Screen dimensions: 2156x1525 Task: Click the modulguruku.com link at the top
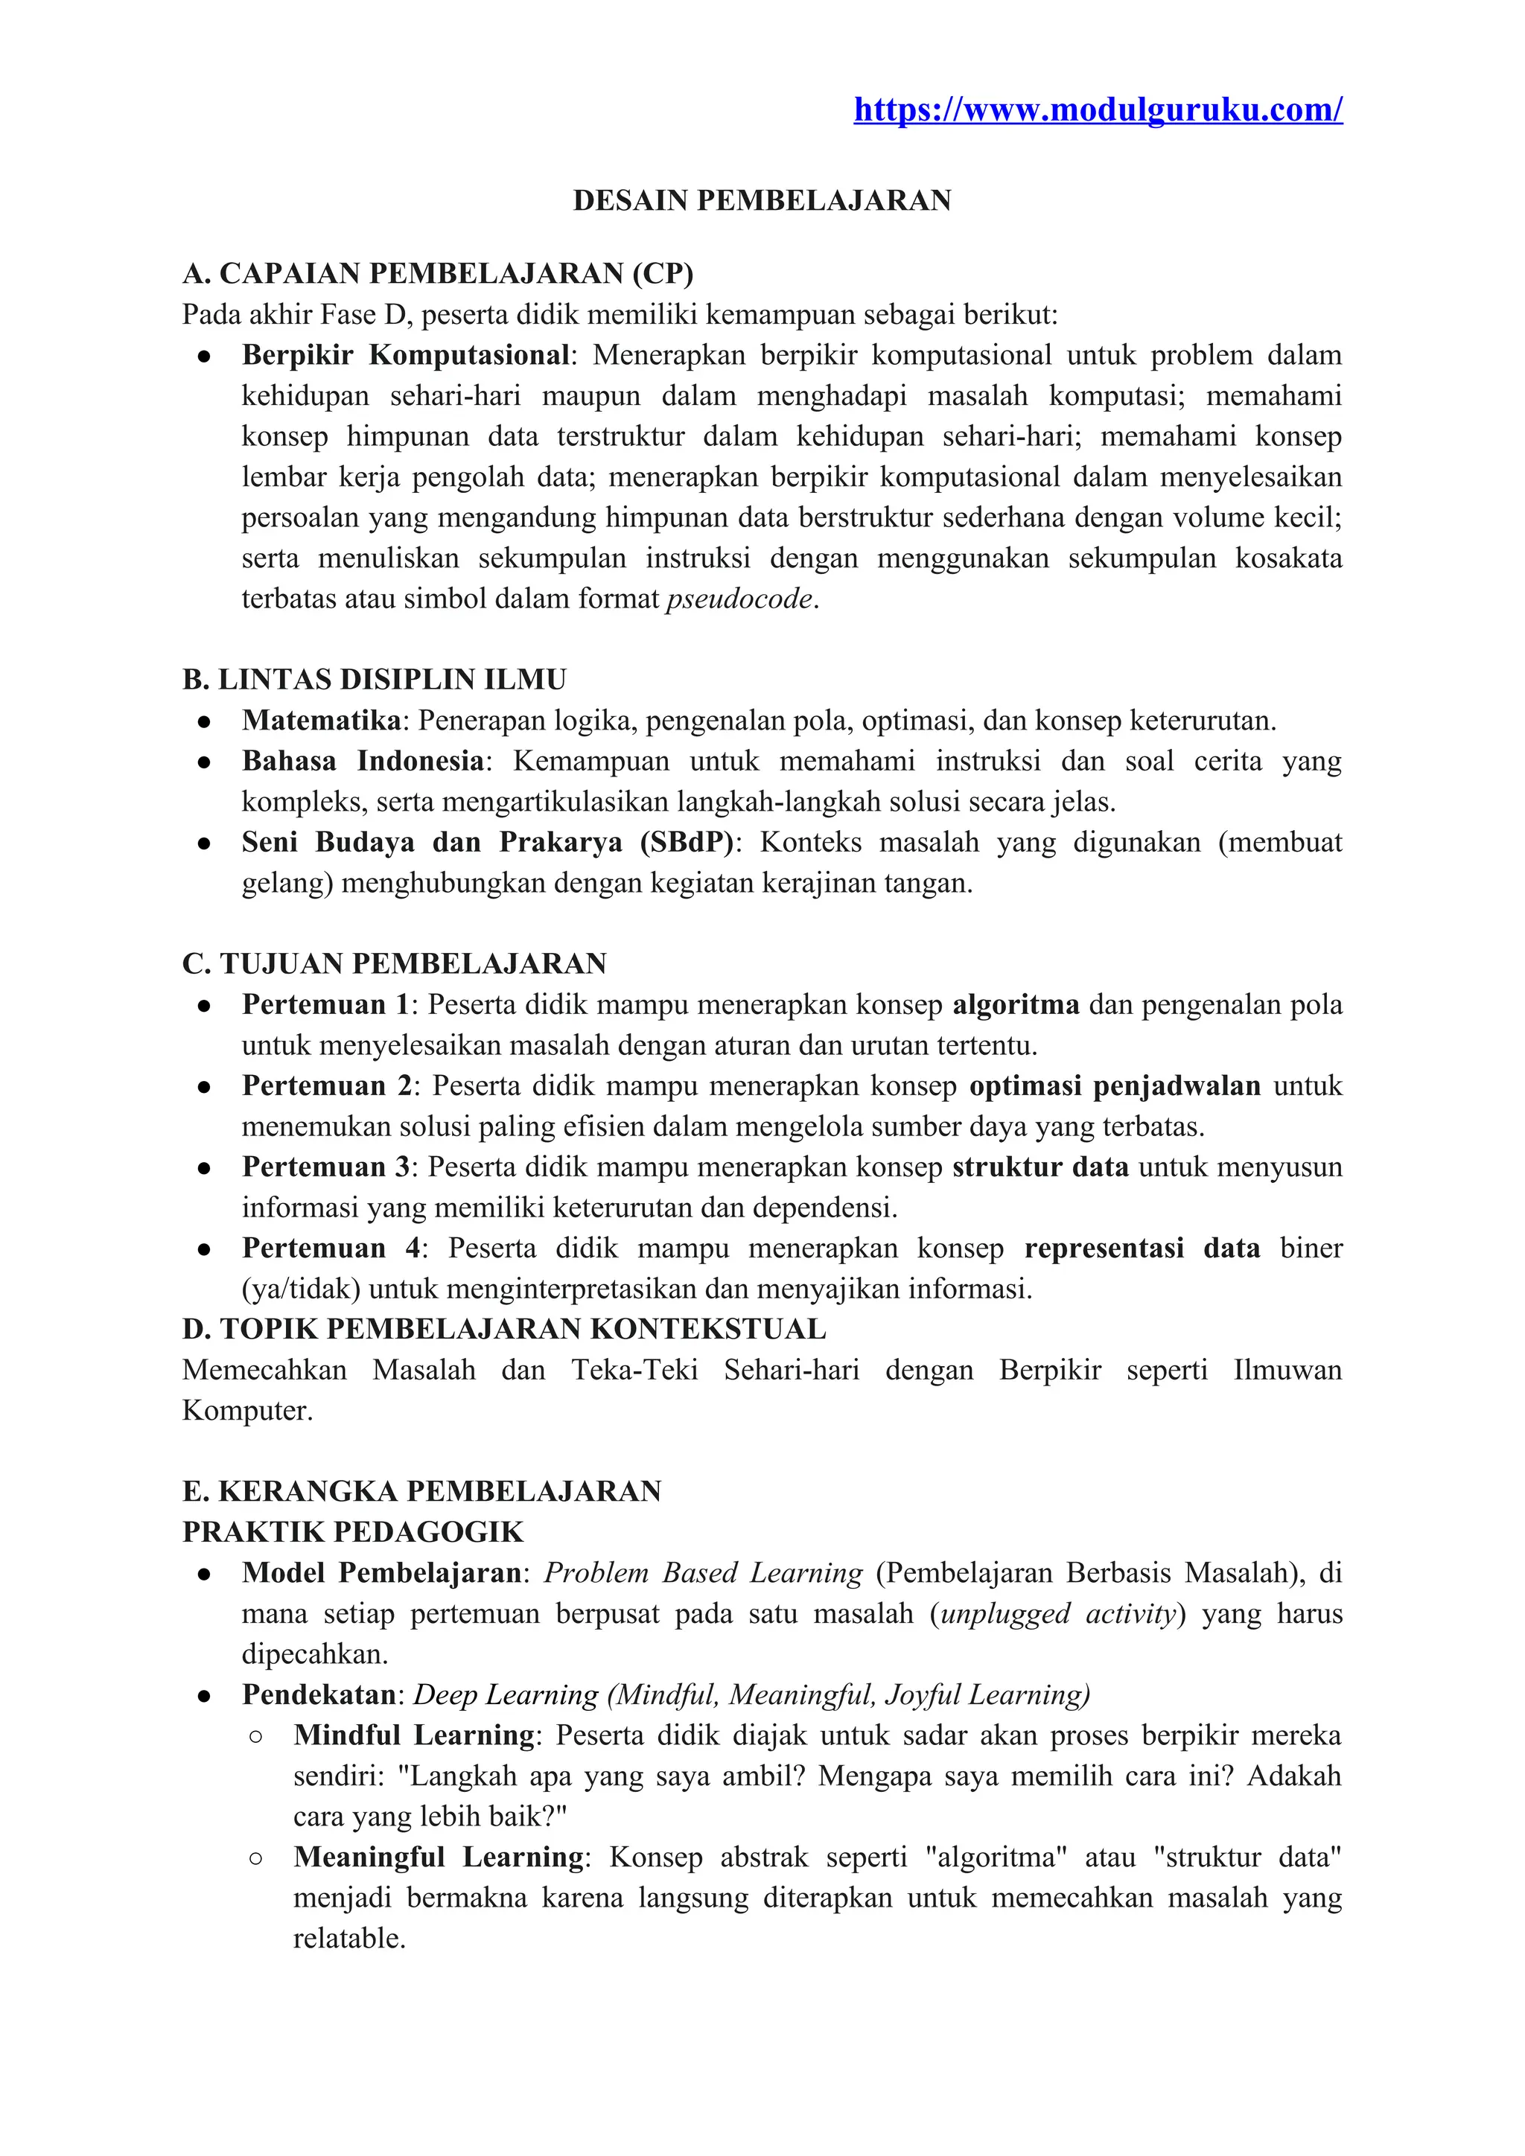coord(1098,110)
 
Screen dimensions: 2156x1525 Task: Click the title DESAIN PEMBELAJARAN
coord(762,201)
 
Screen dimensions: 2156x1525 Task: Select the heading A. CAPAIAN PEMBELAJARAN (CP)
coord(438,273)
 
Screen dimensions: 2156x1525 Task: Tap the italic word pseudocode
coord(739,599)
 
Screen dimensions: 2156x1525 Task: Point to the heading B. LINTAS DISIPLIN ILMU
coord(375,680)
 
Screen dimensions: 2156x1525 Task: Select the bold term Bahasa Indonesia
coord(363,761)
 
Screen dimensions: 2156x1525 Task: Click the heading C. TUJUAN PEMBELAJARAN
coord(395,963)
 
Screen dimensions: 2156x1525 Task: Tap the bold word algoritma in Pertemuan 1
coord(1016,1005)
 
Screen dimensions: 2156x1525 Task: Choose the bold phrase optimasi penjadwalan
coord(1115,1085)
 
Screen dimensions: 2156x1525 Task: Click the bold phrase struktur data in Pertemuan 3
coord(1040,1167)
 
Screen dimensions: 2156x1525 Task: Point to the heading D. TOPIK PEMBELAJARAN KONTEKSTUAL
coord(504,1330)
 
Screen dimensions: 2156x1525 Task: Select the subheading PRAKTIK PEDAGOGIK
coord(353,1532)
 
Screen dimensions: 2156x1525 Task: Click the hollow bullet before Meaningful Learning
coord(255,1858)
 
